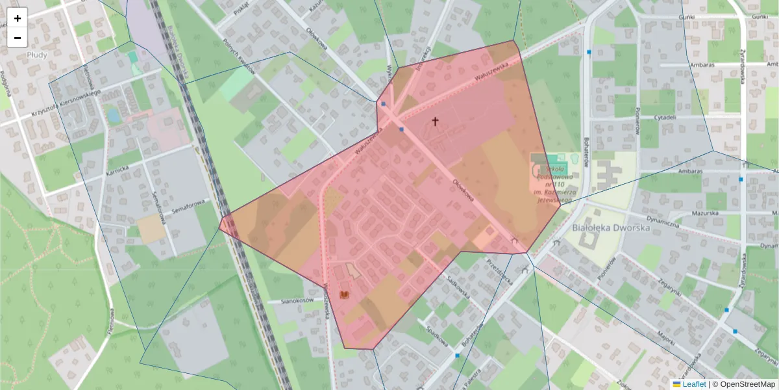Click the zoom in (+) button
[x=18, y=18]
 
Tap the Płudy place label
[x=38, y=56]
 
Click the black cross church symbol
[x=435, y=121]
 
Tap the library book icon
[x=344, y=294]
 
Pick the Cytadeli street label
[x=666, y=118]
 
